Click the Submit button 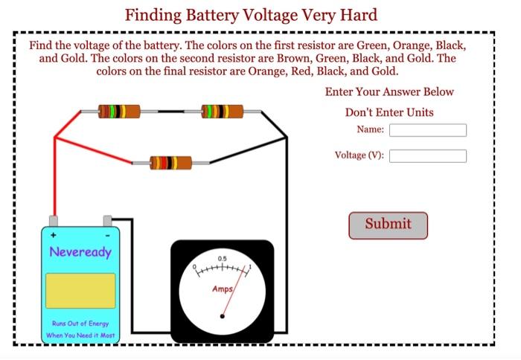coord(388,225)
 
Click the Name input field coord(427,130)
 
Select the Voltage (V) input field coord(427,156)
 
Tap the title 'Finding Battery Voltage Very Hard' coord(251,15)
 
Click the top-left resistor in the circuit coord(118,112)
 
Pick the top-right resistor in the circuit coord(222,112)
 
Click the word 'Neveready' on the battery coord(80,251)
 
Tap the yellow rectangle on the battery coord(80,290)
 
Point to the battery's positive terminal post coord(54,221)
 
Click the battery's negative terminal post coord(107,221)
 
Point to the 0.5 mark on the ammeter coord(223,260)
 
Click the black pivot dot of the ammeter coord(221,318)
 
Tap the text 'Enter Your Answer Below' coord(389,92)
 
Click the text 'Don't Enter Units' coord(389,112)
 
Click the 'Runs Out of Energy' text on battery coord(80,324)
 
